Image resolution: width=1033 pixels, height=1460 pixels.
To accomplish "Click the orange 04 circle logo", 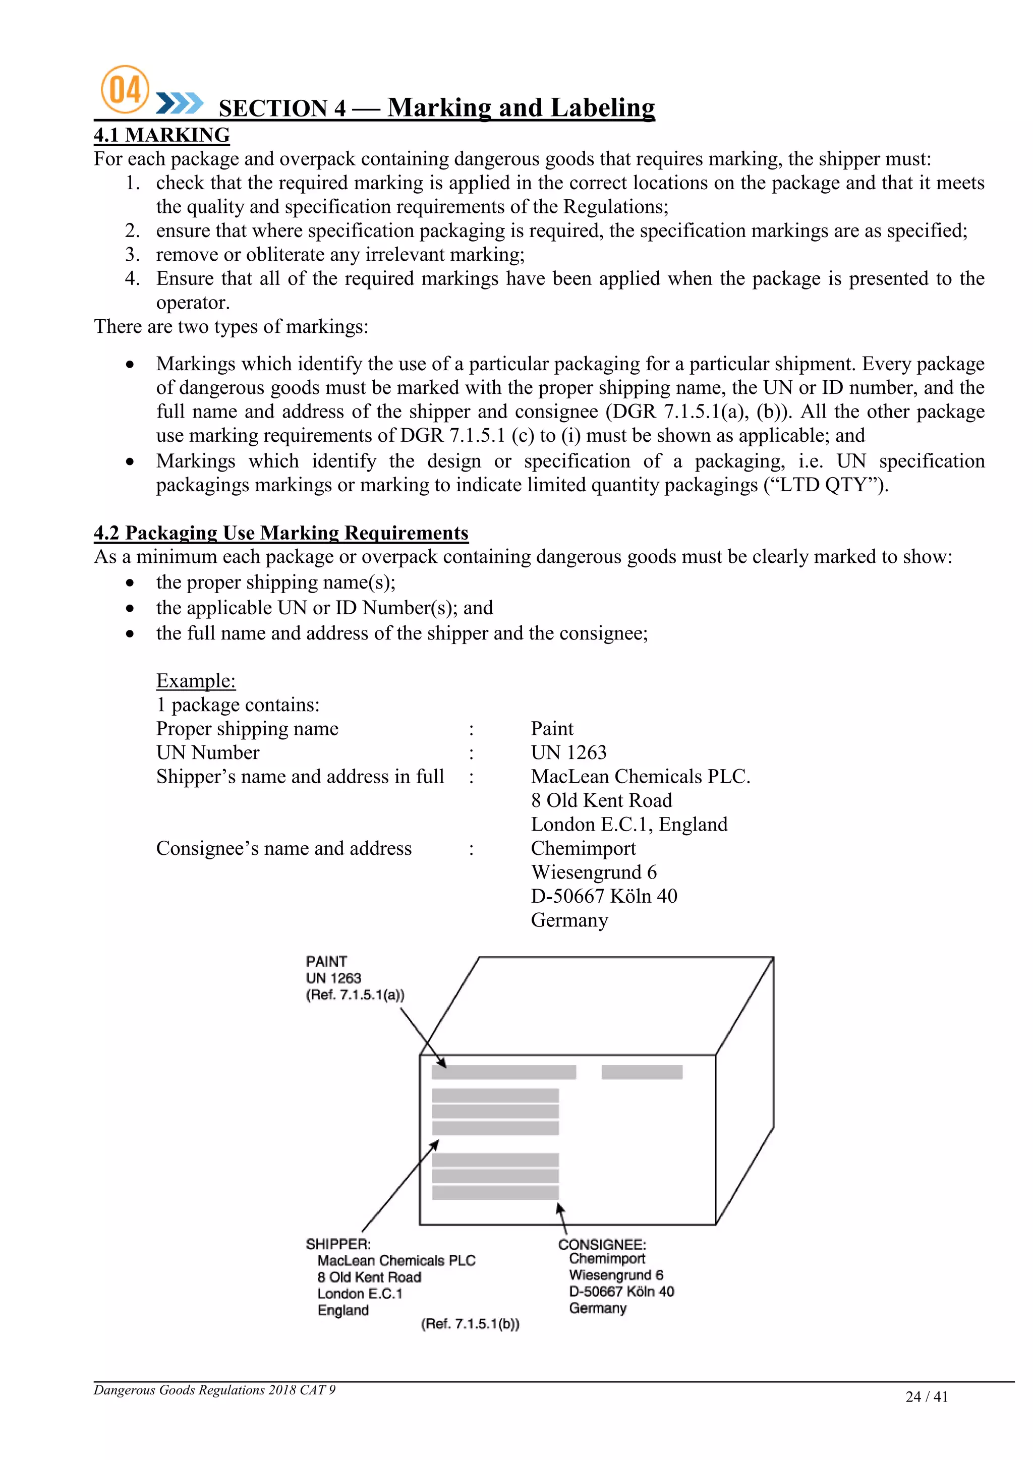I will point(125,90).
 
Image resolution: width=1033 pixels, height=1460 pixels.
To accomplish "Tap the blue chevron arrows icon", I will point(180,103).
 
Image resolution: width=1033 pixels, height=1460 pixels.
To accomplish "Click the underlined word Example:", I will point(196,680).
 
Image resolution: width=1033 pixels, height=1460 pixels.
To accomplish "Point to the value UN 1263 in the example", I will point(568,752).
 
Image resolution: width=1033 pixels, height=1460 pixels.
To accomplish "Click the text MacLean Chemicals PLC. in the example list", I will point(640,777).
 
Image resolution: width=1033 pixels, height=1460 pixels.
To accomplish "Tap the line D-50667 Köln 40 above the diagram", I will point(604,896).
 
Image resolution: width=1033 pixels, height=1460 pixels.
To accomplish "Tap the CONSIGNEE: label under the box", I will point(602,1245).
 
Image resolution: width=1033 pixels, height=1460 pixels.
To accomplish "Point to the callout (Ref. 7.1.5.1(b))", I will point(470,1324).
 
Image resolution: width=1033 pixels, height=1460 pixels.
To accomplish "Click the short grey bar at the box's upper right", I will point(642,1072).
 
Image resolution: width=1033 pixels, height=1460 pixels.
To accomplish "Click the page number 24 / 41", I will point(926,1396).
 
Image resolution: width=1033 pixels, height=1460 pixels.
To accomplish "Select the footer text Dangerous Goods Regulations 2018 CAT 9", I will point(214,1389).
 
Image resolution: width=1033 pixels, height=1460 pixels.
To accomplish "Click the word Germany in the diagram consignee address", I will point(597,1308).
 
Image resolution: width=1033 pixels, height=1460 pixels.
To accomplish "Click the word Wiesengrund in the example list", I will point(586,872).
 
